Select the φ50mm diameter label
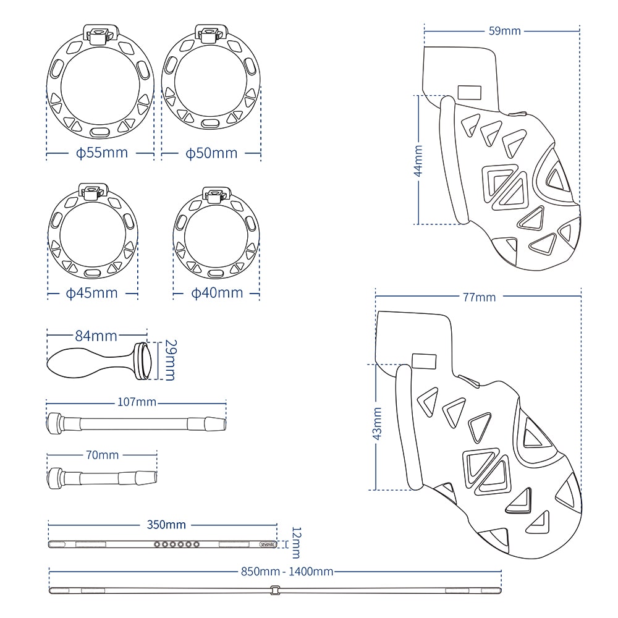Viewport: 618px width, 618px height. coord(211,153)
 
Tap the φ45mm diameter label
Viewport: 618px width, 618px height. coord(92,292)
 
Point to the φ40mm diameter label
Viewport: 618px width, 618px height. coord(216,292)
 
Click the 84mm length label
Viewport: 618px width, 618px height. coord(96,336)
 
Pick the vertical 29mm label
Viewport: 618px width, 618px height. coord(170,361)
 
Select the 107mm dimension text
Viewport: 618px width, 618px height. coord(137,402)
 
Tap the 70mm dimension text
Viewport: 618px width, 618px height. coord(102,455)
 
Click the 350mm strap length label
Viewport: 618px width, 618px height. coord(166,525)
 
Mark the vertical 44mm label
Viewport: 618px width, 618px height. coord(418,161)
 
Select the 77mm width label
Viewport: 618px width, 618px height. coord(479,297)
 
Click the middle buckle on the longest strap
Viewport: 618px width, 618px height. coord(274,591)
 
